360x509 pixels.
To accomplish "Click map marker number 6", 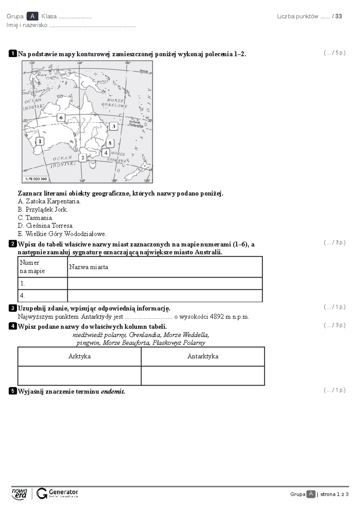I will coord(61,118).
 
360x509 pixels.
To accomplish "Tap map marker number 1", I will coord(40,141).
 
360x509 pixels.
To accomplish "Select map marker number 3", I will coord(113,127).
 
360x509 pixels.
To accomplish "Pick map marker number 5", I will coord(110,143).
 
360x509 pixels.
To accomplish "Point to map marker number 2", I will coord(82,158).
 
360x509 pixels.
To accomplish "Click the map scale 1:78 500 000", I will coord(35,179).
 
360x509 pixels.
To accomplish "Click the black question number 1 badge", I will coord(13,54).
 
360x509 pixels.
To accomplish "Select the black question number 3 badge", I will coord(13,308).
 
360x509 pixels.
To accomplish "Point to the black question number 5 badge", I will coord(13,391).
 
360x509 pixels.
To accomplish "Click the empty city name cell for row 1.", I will coord(165,283).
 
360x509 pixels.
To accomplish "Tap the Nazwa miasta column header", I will coord(88,267).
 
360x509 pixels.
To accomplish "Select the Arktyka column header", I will coord(79,356).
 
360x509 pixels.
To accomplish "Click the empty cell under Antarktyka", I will coord(203,375).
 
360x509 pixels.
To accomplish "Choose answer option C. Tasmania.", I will coord(35,218).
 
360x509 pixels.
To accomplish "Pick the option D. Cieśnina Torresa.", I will coord(46,225).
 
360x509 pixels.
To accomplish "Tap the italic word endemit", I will coord(112,391).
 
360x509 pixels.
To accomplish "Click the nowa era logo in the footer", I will coord(19,494).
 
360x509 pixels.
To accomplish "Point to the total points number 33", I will coord(338,16).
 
